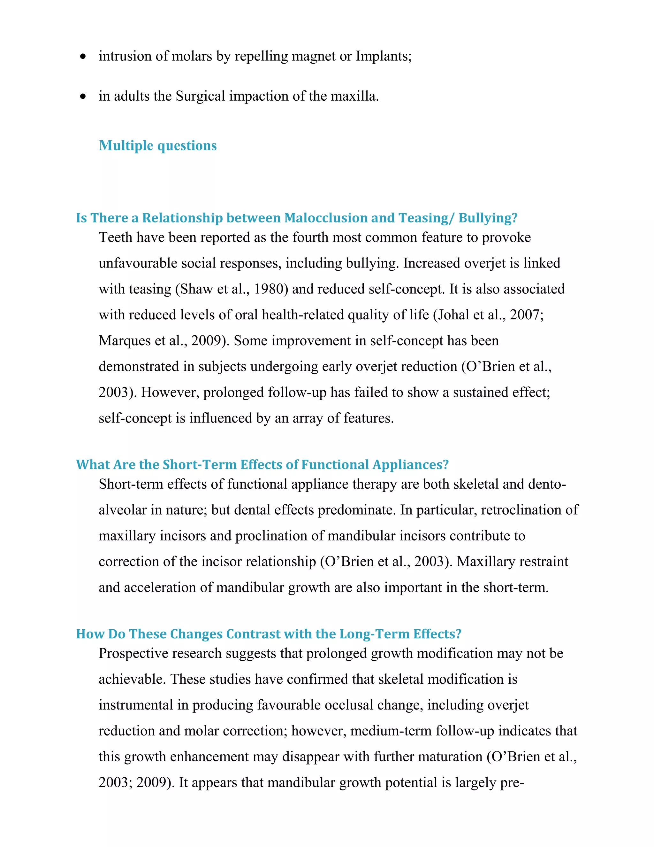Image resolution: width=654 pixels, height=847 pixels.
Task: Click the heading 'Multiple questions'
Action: pyautogui.click(x=157, y=145)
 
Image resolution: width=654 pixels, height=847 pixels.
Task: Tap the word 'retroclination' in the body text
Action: pyautogui.click(x=525, y=510)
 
